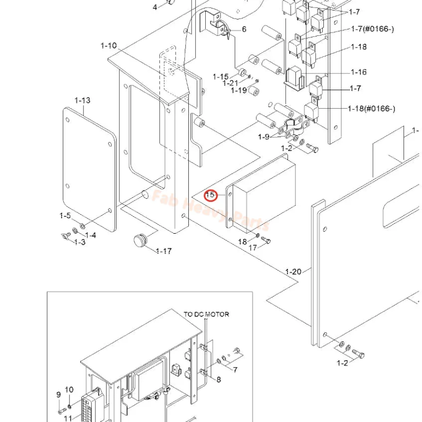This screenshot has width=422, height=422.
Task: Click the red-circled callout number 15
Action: click(x=210, y=195)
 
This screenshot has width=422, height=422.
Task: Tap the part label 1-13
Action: click(x=82, y=100)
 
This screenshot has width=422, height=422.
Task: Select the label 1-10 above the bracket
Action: click(x=109, y=46)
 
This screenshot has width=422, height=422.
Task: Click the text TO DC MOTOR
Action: click(x=206, y=314)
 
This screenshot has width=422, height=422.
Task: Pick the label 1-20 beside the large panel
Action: click(x=293, y=272)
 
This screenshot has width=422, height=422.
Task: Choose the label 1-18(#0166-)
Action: click(x=371, y=109)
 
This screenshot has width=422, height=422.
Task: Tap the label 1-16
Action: click(x=359, y=72)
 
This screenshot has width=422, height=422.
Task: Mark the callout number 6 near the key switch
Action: click(x=244, y=29)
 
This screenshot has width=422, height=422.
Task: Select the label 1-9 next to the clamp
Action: click(x=264, y=137)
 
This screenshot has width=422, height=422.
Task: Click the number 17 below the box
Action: click(x=253, y=247)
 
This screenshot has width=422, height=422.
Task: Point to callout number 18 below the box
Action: click(x=242, y=242)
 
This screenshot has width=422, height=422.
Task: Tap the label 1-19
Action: click(x=239, y=90)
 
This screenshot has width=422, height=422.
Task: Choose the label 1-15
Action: click(x=221, y=77)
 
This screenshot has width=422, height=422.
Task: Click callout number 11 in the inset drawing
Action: click(x=68, y=418)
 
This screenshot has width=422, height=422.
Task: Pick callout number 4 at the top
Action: click(x=155, y=7)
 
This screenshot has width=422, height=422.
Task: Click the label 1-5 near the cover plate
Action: click(x=65, y=216)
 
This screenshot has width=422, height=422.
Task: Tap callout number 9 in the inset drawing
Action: click(x=59, y=395)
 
